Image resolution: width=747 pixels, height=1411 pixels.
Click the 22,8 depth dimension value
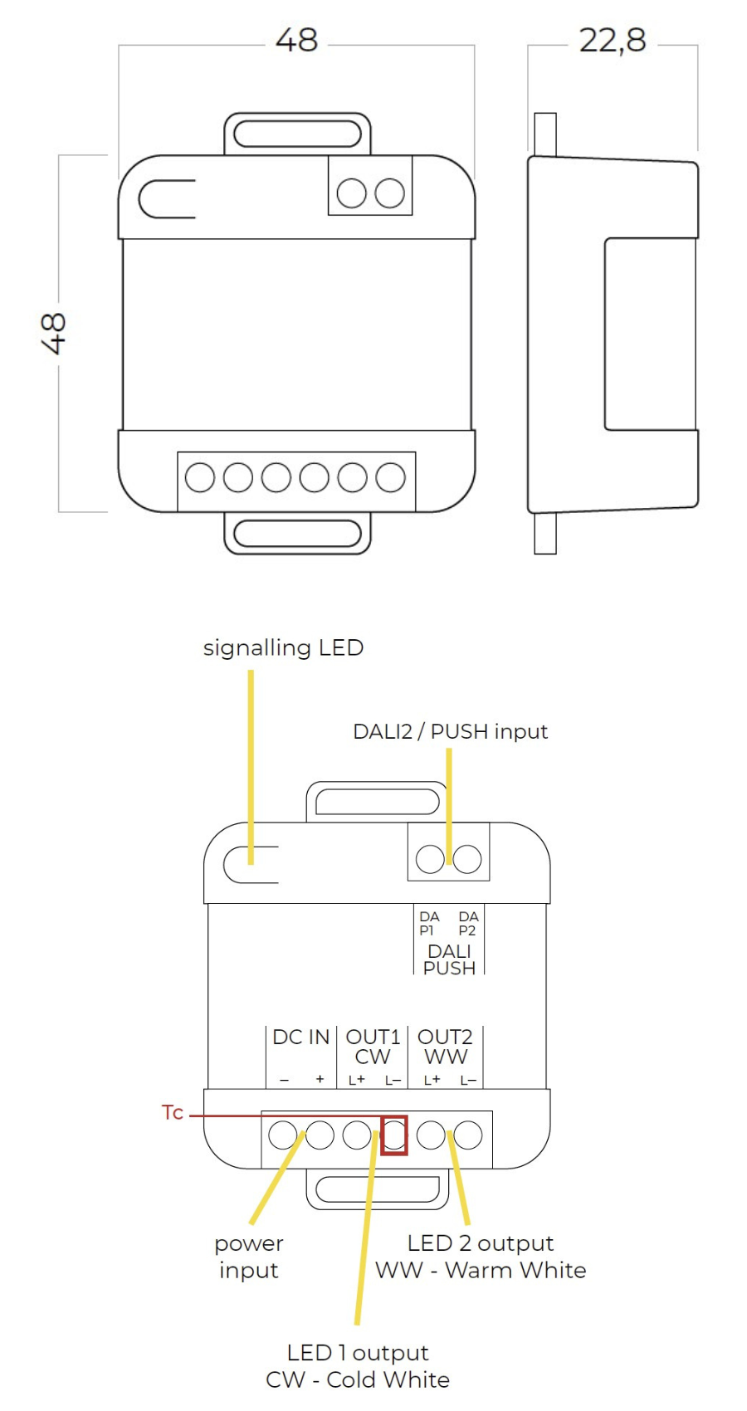pyautogui.click(x=613, y=40)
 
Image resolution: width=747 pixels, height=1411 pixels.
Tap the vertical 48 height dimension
pyautogui.click(x=53, y=334)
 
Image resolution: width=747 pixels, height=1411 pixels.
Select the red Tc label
pyautogui.click(x=173, y=1112)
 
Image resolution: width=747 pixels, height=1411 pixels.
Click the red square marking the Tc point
pyautogui.click(x=393, y=1135)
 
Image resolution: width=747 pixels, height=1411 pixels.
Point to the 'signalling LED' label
pyautogui.click(x=283, y=647)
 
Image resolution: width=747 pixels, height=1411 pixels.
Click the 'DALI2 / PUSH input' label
pyautogui.click(x=450, y=731)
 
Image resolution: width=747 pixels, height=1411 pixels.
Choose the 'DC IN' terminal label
pyautogui.click(x=300, y=1037)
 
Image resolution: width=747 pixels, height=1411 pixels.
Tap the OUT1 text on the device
pyautogui.click(x=373, y=1037)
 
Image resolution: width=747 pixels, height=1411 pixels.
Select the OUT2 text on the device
pyautogui.click(x=445, y=1037)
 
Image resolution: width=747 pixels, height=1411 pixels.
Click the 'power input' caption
pyautogui.click(x=248, y=1257)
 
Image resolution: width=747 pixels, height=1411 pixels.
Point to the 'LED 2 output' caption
pyautogui.click(x=480, y=1243)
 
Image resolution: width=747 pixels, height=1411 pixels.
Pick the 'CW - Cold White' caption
pyautogui.click(x=357, y=1379)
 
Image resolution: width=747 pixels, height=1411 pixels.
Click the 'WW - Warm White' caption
pyautogui.click(x=480, y=1270)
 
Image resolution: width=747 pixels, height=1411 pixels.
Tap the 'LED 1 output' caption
pyautogui.click(x=357, y=1352)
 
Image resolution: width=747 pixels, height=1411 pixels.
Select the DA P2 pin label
pyautogui.click(x=468, y=923)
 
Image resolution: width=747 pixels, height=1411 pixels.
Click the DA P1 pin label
pyautogui.click(x=429, y=923)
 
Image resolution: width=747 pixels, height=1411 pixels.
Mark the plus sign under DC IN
pyautogui.click(x=320, y=1080)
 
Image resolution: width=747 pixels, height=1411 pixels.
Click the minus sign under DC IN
pyautogui.click(x=284, y=1080)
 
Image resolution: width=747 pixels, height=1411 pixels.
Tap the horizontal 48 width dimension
pyautogui.click(x=296, y=40)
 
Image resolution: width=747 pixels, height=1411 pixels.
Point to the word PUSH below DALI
pyautogui.click(x=449, y=968)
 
